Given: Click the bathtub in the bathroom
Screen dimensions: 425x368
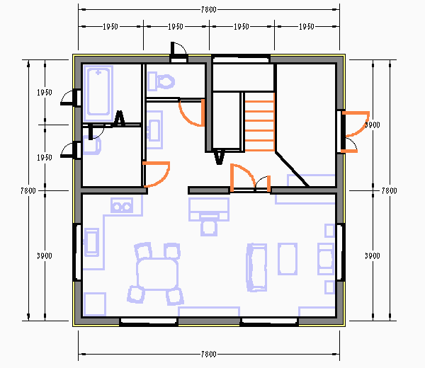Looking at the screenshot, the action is [98, 93].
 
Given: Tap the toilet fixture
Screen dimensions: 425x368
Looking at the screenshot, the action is [161, 81].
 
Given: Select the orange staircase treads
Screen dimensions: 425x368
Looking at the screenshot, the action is [260, 122].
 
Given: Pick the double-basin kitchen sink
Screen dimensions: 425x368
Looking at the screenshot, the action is [122, 205].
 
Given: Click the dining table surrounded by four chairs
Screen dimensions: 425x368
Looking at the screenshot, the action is [157, 274].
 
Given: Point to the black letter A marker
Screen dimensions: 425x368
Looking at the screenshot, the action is [119, 118].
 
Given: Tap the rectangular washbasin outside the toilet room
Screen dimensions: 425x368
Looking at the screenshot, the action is [154, 130].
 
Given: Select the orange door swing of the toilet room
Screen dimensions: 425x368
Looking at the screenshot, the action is [192, 113].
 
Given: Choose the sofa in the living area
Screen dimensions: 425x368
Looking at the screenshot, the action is [256, 268].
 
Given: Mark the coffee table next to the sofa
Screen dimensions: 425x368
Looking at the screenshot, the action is [288, 259].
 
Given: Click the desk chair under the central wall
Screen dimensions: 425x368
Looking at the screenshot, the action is [209, 226].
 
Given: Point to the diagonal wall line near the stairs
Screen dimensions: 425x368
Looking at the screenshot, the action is [292, 170].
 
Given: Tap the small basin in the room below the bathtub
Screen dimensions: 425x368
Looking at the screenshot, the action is [92, 145].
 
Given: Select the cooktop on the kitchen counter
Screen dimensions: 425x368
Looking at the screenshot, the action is [91, 242].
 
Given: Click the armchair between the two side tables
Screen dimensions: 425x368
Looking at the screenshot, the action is [326, 259].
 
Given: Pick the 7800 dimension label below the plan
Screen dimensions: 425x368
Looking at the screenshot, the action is [209, 354].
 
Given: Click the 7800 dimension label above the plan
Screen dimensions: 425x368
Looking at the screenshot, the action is [209, 10].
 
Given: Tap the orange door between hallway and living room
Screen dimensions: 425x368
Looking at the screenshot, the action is [242, 177].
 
